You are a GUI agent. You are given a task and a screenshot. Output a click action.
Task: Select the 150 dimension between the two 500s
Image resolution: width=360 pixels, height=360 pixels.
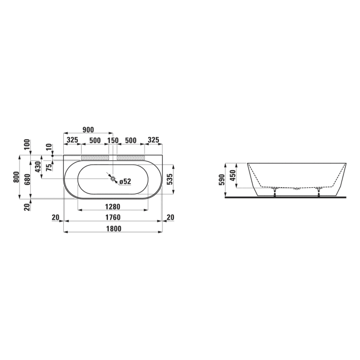pos(113,140)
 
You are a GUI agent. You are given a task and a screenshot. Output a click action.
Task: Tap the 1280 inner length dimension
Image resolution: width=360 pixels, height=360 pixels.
pos(112,207)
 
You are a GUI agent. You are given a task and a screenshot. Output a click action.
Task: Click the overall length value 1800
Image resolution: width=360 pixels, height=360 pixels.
pos(113,229)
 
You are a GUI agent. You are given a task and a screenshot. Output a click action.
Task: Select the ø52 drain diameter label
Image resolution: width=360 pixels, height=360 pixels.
pos(125,181)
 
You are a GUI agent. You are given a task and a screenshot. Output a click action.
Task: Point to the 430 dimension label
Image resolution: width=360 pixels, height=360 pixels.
pos(37,167)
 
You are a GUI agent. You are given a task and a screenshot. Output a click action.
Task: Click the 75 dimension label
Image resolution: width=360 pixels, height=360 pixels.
pos(48,167)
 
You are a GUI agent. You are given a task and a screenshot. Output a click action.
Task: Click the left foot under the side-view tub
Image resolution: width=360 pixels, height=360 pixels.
pos(276,192)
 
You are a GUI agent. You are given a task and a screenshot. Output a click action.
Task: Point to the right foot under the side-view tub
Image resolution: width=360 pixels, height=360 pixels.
pos(319,192)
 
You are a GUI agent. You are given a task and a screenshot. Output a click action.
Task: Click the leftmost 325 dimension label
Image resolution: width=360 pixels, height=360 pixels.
pos(72,140)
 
